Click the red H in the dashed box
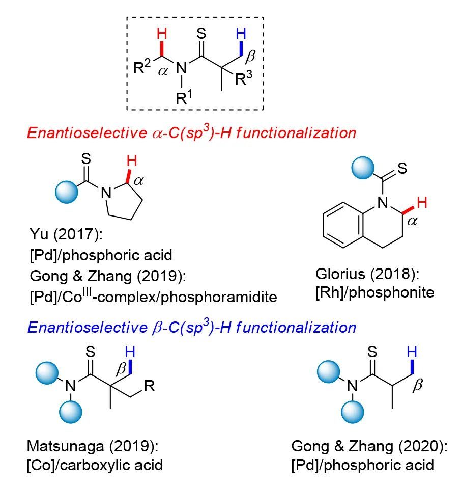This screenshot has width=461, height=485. click(x=161, y=35)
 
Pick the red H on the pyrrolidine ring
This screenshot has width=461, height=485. click(x=131, y=163)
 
